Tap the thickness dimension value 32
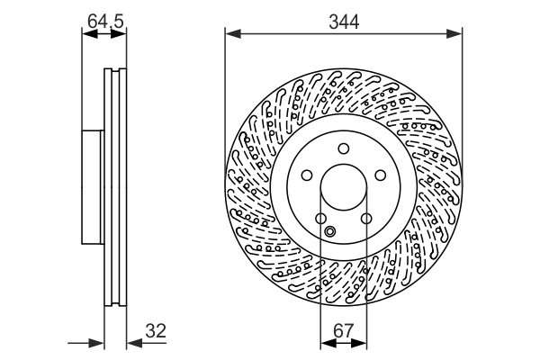click(x=156, y=331)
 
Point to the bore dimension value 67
click(x=343, y=331)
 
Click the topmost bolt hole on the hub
click(x=343, y=150)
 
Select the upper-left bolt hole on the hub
click(x=306, y=176)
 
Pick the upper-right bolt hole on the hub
click(x=380, y=176)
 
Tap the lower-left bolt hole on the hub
click(x=320, y=219)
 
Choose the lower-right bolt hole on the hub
click(x=365, y=219)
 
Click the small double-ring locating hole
click(x=329, y=233)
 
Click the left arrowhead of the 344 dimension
click(x=230, y=35)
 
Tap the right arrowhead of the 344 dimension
click(x=456, y=35)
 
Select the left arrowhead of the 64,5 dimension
click(x=87, y=35)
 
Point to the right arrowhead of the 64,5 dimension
click(x=121, y=35)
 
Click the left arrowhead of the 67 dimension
click(x=326, y=343)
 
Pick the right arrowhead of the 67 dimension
click(x=360, y=343)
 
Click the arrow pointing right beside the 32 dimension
click(x=98, y=343)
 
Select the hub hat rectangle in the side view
click(x=93, y=186)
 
